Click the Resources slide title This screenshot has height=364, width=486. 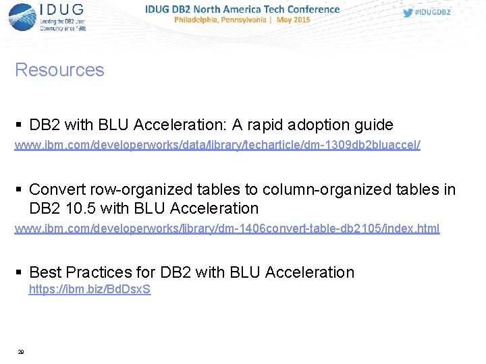pos(59,70)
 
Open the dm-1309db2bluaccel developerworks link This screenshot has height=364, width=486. pos(217,146)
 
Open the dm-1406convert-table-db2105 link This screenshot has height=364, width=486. pos(227,229)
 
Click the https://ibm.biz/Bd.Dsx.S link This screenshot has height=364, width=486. pos(89,290)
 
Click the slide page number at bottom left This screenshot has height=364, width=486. pos(21,352)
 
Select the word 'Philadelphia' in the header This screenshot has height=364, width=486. pos(199,20)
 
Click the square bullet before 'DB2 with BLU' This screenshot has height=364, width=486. pos(19,125)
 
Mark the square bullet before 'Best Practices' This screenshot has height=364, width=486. pos(19,273)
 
